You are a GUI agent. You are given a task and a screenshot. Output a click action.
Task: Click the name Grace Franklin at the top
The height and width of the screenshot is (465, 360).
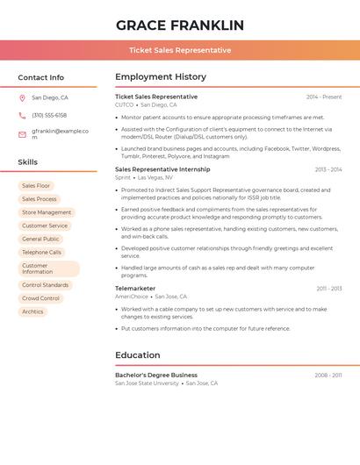coord(180,25)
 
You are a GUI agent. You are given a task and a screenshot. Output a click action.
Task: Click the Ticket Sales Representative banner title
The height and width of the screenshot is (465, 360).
coord(180,50)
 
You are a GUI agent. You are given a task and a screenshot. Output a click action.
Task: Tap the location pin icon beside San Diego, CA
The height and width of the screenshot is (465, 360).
coord(22,98)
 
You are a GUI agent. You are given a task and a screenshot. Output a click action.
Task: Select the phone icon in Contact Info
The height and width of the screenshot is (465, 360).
coord(22,116)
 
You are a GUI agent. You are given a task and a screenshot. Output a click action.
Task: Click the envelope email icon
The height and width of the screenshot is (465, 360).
coord(22,134)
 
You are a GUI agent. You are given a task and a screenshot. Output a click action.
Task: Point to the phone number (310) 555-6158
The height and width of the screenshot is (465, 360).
coord(49,116)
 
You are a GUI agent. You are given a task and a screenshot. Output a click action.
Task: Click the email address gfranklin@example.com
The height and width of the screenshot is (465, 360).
coord(60,134)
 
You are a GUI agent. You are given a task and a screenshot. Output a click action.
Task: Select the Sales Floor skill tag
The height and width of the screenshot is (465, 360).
coord(36,186)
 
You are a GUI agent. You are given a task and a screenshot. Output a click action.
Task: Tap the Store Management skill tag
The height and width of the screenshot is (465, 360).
coord(47,212)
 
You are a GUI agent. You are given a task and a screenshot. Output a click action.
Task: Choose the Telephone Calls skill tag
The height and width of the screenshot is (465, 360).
coord(41,252)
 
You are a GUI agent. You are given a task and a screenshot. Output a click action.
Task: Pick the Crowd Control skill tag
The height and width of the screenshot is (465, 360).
coord(40,298)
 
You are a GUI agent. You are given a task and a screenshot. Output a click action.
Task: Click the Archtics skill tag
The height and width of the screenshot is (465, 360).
coord(32,311)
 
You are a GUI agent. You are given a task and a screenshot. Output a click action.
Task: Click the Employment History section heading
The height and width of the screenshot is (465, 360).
coord(161,77)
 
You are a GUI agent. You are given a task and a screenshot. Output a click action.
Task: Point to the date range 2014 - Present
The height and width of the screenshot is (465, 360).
coord(324,97)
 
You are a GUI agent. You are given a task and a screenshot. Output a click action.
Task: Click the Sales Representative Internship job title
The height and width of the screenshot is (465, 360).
coord(162,169)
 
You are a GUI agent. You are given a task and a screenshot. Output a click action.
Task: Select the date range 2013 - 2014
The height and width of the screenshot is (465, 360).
coord(328,169)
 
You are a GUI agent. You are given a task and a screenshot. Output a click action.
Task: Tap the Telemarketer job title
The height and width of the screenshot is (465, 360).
coord(135,288)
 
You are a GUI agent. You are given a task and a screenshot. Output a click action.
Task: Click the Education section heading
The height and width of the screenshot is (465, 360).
coord(137,355)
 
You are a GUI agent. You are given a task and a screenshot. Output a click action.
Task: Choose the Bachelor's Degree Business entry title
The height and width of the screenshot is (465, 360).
coord(156,375)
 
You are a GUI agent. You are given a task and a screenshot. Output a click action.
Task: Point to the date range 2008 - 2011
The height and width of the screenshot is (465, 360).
coord(328,375)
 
